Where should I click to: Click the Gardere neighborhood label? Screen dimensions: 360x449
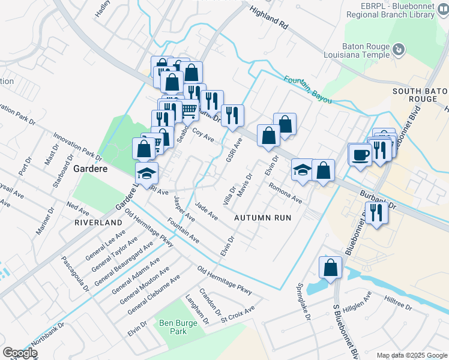tap(90, 169)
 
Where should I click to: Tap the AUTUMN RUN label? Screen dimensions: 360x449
tap(262, 217)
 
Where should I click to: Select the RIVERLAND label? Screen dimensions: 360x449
tap(98, 222)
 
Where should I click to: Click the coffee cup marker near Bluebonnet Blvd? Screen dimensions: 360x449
tap(360, 154)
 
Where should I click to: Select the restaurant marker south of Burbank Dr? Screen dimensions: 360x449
tap(376, 212)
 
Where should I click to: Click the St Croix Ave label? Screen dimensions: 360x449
tap(238, 313)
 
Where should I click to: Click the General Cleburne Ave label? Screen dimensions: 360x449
tap(154, 295)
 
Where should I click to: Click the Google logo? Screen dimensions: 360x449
tap(20, 353)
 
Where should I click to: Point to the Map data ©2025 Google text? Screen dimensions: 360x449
tap(411, 355)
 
